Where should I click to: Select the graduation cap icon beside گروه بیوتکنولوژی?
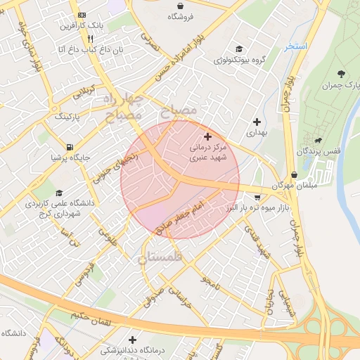[240, 49]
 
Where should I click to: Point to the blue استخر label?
[296, 46]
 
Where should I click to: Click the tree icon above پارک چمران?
[341, 74]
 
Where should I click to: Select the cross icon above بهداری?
[255, 122]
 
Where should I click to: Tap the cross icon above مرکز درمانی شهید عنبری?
[207, 136]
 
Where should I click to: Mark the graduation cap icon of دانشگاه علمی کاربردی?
[59, 193]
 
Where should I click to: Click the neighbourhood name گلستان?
[160, 258]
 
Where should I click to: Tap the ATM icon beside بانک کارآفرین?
[82, 14]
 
